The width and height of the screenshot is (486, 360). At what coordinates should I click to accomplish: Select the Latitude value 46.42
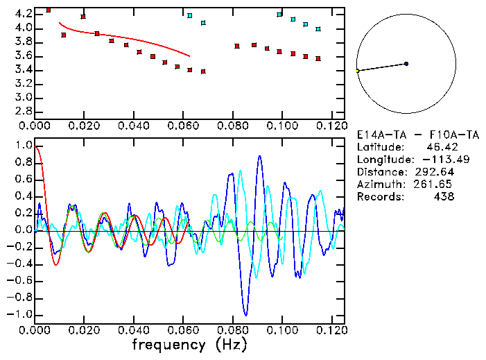click(437, 147)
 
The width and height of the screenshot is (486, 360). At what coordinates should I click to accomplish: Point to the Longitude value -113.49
click(436, 160)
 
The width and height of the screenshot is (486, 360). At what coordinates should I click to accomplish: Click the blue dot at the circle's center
click(406, 64)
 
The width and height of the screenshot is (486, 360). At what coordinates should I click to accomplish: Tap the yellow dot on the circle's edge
click(358, 71)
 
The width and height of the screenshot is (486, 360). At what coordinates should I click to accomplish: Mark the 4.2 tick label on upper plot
click(24, 14)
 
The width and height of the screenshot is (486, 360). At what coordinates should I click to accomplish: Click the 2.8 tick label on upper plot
click(24, 111)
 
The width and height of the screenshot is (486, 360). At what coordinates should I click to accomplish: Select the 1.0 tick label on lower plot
click(24, 146)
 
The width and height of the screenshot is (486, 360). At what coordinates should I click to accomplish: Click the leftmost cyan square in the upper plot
click(190, 15)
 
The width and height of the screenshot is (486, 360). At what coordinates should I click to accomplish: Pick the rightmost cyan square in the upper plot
click(318, 29)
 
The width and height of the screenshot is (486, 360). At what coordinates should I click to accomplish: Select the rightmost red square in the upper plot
click(318, 58)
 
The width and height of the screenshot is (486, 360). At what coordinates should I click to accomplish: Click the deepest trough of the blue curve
click(245, 314)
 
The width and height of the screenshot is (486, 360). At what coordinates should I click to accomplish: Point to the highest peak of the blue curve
click(259, 156)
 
